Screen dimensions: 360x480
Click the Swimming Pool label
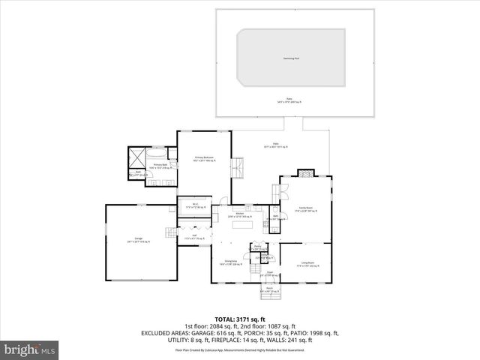(291, 57)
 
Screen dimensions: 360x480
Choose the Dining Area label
(229, 263)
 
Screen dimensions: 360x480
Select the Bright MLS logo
(30, 349)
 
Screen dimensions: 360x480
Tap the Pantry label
(256, 247)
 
